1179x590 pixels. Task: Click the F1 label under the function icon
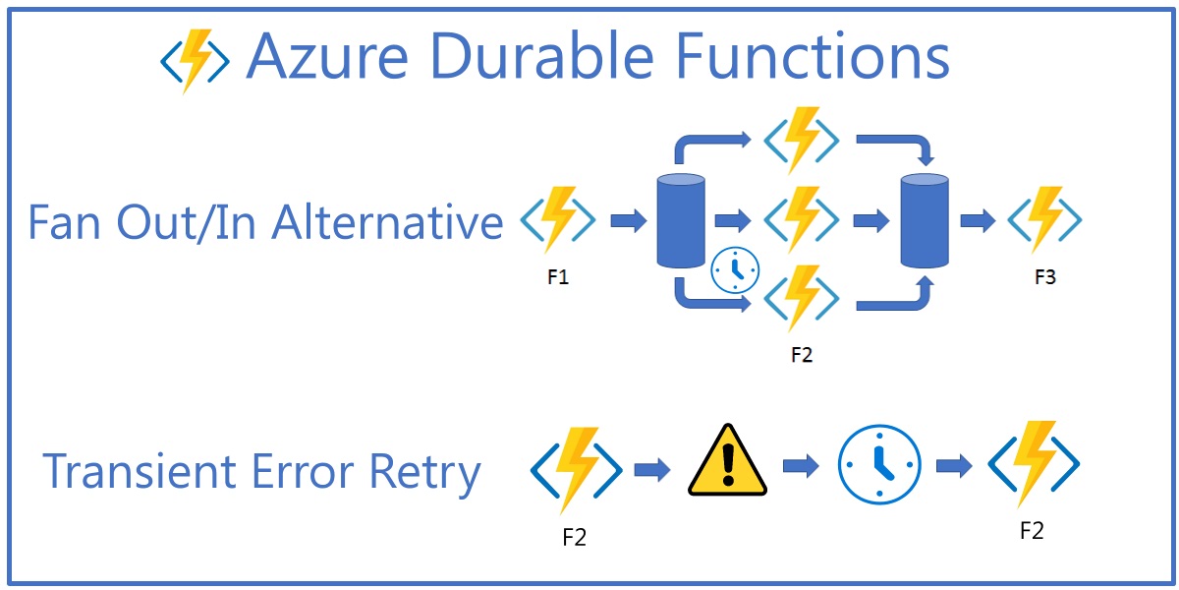coord(558,277)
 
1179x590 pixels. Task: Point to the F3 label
coord(1045,277)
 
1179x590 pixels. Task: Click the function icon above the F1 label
coord(558,219)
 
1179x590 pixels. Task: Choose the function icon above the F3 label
coord(1045,219)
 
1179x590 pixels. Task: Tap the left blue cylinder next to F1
coord(681,219)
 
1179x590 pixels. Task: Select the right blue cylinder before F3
coord(926,219)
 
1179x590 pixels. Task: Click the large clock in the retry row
coord(880,465)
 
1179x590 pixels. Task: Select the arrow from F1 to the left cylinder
coord(628,221)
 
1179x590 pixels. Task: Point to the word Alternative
coord(388,221)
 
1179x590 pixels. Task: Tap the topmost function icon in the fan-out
coord(802,141)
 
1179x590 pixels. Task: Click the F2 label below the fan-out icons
coord(802,354)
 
